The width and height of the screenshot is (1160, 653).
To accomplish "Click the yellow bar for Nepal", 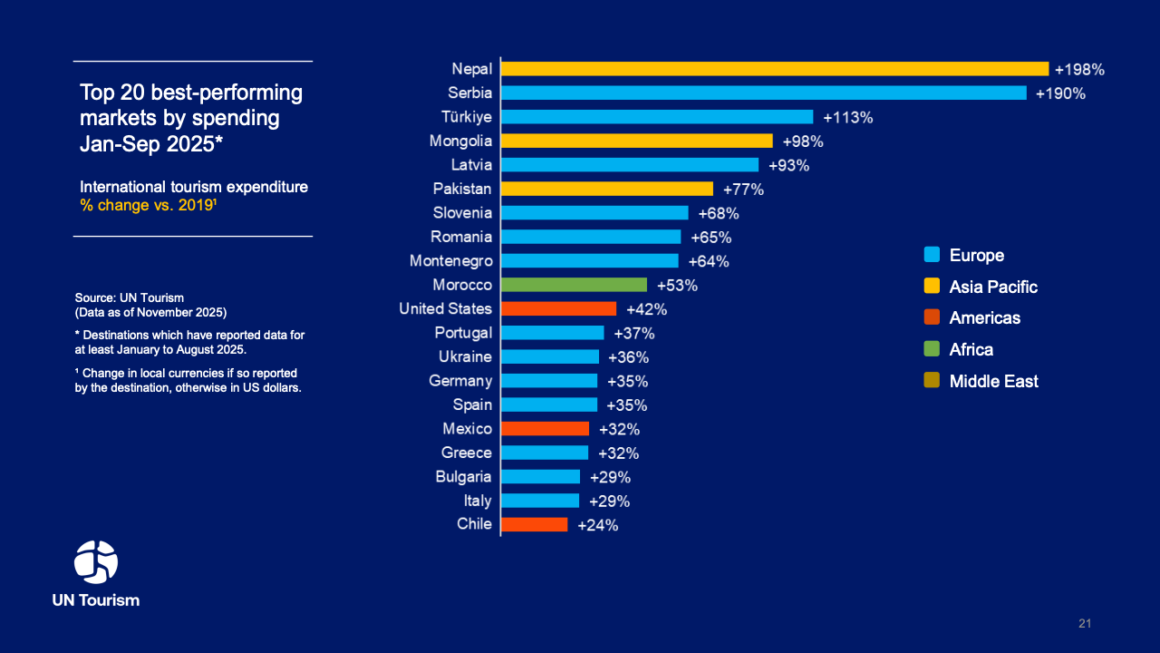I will coord(775,69).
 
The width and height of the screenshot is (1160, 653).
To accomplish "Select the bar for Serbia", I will coord(764,93).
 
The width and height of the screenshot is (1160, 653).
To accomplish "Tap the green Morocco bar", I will coord(574,285).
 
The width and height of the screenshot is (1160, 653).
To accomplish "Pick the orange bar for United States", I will coord(558,309).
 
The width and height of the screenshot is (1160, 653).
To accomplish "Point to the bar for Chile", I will coord(535,524).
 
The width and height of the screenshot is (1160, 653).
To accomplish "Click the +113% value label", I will coord(847,117).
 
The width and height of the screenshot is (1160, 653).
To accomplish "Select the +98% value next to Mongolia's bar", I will coord(803,141).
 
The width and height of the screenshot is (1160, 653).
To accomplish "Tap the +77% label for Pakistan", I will coord(743,190).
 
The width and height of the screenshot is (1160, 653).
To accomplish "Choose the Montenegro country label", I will coord(451,261).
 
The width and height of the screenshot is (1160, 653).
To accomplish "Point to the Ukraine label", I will coord(465,356).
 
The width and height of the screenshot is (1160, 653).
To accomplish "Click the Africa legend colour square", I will coord(932,349).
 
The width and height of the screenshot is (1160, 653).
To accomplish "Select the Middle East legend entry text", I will coord(993,382).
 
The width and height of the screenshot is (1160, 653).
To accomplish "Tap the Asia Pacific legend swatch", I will coord(932,287).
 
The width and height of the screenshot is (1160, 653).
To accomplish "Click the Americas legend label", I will coord(984,318).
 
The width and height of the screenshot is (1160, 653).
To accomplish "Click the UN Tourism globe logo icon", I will coord(96,561).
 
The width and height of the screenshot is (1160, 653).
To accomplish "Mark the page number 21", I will coord(1085,624).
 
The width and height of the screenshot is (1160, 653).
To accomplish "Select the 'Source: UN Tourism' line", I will coord(130,298).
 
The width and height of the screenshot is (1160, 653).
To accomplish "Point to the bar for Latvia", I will coord(630,165).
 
